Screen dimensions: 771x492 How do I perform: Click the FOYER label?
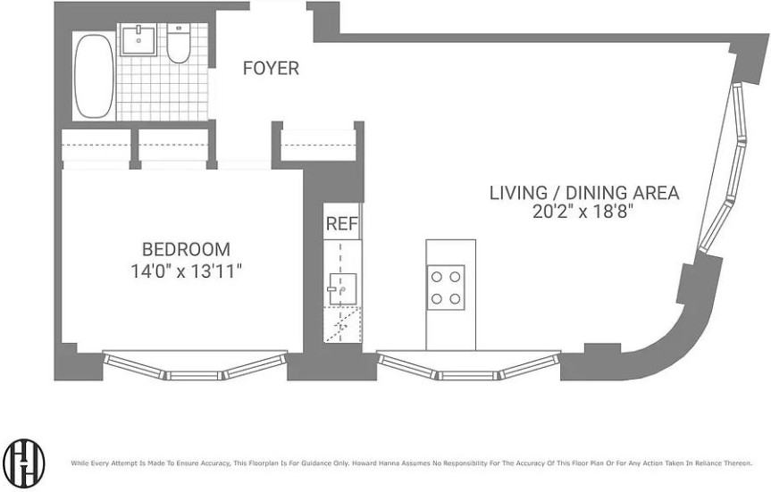tap(271, 69)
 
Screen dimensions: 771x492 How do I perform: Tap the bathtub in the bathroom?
tap(94, 76)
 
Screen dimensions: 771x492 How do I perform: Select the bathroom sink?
tap(138, 39)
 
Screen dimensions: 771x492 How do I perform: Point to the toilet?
tap(179, 43)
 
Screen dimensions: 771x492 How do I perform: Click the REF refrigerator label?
tap(342, 223)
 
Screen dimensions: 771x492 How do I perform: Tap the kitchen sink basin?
tap(342, 289)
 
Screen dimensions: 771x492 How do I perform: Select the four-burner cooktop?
tap(446, 288)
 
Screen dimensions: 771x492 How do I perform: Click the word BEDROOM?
tap(186, 249)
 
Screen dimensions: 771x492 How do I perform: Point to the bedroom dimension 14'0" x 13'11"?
tap(187, 271)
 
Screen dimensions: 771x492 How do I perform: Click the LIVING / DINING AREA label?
tap(584, 193)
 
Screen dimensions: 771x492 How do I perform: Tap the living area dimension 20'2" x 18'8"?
tap(582, 212)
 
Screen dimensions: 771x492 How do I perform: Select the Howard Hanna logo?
tap(23, 463)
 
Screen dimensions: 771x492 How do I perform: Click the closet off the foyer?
tap(318, 145)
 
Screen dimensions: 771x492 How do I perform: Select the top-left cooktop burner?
tap(437, 277)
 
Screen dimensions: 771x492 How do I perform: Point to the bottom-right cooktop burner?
tap(455, 298)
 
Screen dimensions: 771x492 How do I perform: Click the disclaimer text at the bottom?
tap(412, 463)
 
